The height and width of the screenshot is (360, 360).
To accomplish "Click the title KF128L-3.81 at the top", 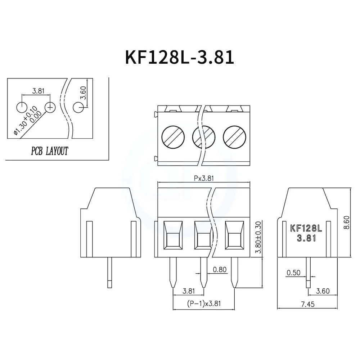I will tap(179, 57).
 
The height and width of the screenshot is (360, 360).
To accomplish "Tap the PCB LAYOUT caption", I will tap(49, 151).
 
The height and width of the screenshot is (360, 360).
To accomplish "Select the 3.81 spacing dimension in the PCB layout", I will tap(38, 91).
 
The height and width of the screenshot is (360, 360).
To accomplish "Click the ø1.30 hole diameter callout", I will tap(26, 121).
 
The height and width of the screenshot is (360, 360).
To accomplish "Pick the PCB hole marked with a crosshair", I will tap(50, 107).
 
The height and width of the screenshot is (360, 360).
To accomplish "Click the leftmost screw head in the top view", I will tap(173, 137).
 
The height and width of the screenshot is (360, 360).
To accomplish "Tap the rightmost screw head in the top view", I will tap(234, 137).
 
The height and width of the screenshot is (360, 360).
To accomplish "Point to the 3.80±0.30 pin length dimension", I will tap(258, 238).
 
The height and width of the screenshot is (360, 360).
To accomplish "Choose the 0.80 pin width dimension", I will tap(219, 269).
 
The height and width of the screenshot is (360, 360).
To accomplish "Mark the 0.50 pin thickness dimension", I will tap(293, 273).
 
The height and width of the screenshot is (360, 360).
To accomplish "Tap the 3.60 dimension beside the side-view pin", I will tap(323, 291).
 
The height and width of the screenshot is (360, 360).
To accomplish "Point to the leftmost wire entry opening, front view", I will tap(173, 236).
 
